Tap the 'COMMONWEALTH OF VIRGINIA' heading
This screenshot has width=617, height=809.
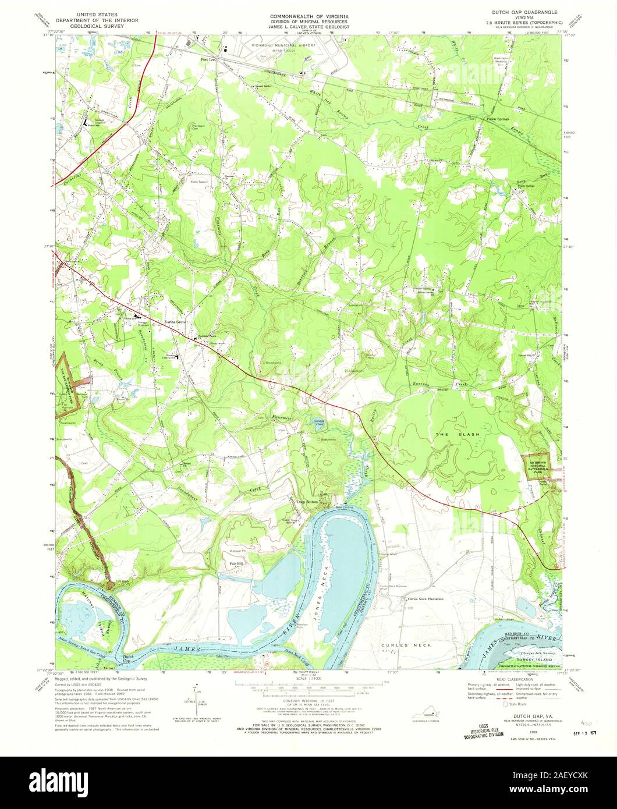[x=308, y=12]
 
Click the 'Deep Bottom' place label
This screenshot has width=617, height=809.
[x=310, y=502]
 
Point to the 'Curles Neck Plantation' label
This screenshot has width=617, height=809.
[x=425, y=598]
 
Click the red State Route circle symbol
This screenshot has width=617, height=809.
[x=505, y=704]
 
